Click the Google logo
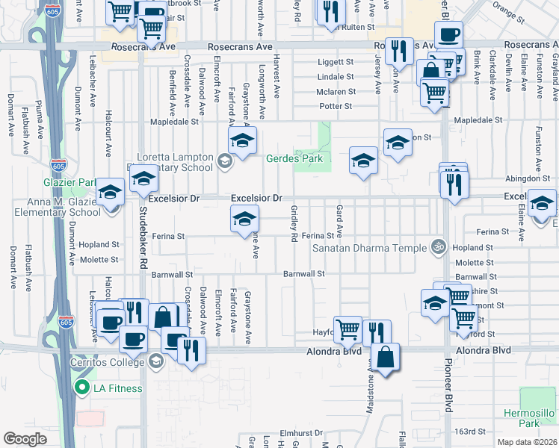click(25, 439)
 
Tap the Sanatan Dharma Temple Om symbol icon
click(439, 246)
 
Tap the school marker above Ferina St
click(244, 220)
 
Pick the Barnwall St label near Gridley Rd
click(304, 274)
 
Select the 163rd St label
click(472, 432)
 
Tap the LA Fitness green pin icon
click(81, 388)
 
